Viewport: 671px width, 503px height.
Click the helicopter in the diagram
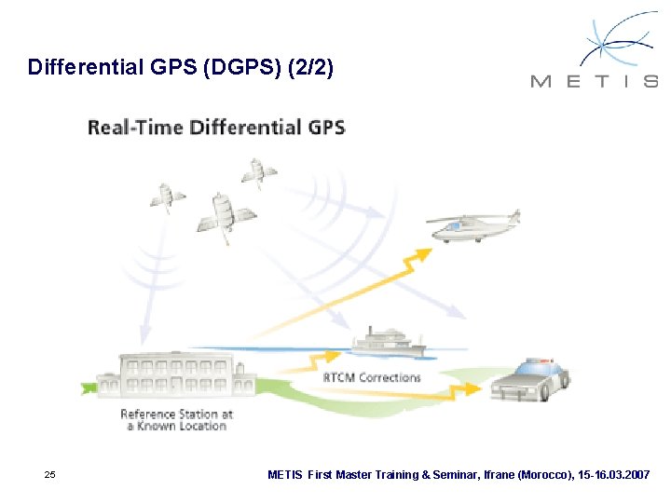(x=472, y=225)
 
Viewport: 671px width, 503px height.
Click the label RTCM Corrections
(x=372, y=377)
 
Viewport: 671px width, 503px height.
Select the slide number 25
(x=50, y=475)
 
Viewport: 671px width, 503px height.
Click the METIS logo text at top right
(x=594, y=81)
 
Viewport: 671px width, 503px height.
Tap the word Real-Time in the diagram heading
(x=136, y=127)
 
